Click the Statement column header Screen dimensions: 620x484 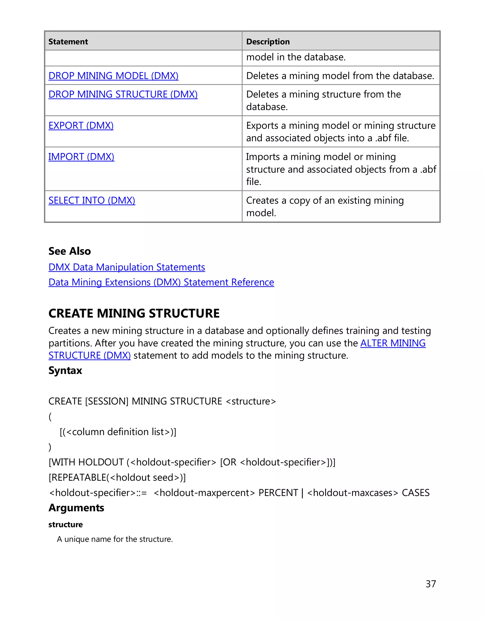(x=68, y=42)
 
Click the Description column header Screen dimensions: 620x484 (x=268, y=42)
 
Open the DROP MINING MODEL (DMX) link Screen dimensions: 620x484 (x=113, y=76)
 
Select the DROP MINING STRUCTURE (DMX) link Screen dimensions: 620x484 (x=123, y=94)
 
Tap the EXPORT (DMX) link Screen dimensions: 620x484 (x=81, y=125)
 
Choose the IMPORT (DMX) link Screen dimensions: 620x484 (x=81, y=157)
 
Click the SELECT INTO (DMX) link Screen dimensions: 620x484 (x=92, y=201)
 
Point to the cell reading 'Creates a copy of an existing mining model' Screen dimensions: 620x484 (x=325, y=206)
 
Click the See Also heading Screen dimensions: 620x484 (x=69, y=251)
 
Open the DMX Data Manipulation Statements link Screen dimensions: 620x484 (x=127, y=267)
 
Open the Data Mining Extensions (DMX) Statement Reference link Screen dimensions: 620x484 (x=161, y=282)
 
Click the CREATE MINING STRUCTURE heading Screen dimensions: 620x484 (x=134, y=313)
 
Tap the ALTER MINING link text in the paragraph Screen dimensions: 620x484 (x=393, y=343)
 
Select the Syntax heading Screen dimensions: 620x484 (x=65, y=371)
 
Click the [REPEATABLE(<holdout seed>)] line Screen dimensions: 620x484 (x=117, y=478)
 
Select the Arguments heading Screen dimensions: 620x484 (x=76, y=508)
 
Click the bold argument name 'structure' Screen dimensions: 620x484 (x=65, y=525)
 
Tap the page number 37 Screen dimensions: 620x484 (x=431, y=584)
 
